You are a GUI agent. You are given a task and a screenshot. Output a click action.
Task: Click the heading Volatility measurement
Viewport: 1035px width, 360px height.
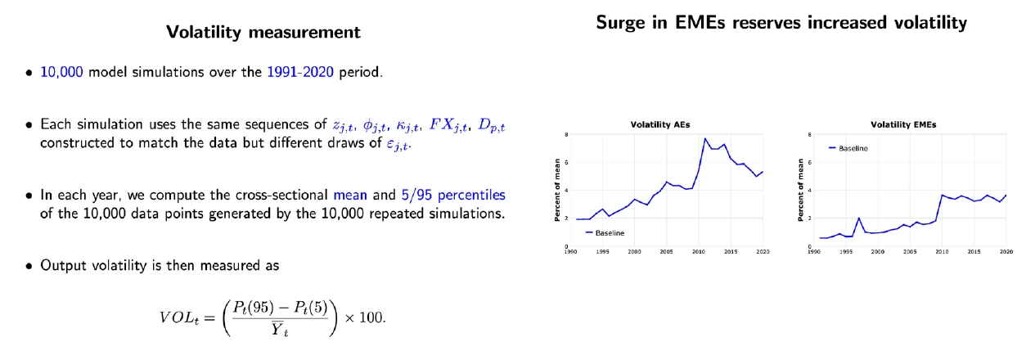263,34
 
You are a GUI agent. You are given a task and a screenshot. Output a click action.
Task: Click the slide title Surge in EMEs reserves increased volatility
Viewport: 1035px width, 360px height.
781,23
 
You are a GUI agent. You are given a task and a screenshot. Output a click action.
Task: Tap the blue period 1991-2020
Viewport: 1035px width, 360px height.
299,72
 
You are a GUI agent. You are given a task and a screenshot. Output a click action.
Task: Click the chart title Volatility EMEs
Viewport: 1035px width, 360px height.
903,124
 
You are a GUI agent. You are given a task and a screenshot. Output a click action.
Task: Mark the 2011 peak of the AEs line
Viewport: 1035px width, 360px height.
704,139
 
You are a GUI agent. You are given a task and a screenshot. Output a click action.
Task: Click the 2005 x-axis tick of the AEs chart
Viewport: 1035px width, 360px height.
666,252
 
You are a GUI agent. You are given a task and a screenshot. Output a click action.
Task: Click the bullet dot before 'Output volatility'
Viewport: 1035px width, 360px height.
29,266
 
